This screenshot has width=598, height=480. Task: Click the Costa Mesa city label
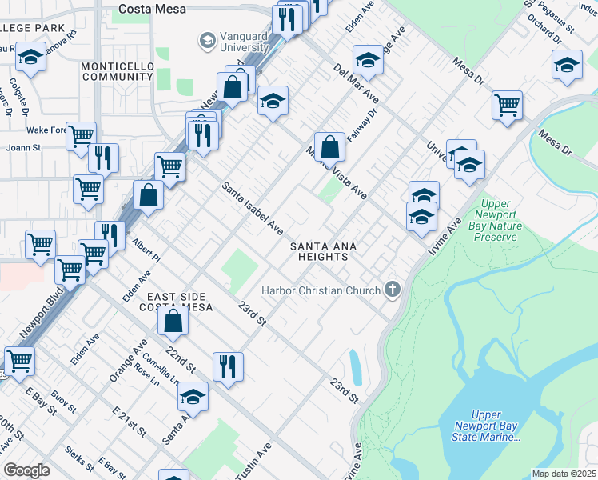tap(152, 10)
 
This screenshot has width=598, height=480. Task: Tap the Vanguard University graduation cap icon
tap(208, 39)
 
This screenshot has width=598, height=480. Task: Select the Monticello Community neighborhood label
tap(117, 70)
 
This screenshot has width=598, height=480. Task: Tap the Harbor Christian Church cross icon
tap(392, 289)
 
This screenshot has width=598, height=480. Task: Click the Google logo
tap(27, 470)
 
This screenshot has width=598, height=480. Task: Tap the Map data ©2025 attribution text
tap(564, 474)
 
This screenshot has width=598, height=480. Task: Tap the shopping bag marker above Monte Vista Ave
tap(329, 147)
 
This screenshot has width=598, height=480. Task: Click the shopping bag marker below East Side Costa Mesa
tap(173, 322)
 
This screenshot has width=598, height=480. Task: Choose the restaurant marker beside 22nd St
tap(228, 366)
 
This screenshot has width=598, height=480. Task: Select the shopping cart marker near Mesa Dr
tap(507, 105)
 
